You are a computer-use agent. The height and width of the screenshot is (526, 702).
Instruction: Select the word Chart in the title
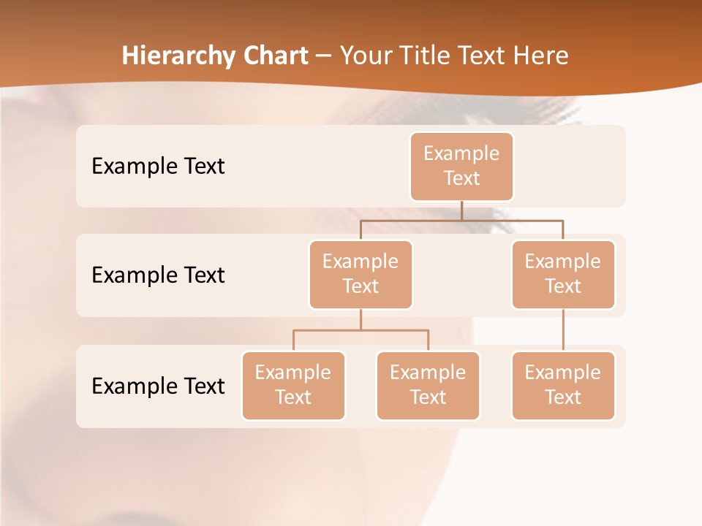[x=273, y=56]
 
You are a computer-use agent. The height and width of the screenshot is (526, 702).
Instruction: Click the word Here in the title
[x=540, y=56]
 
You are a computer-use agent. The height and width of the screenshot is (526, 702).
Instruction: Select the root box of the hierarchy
[x=461, y=167]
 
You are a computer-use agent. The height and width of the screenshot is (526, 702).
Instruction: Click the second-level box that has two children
[x=361, y=275]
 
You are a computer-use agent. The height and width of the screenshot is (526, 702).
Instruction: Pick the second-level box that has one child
[x=563, y=275]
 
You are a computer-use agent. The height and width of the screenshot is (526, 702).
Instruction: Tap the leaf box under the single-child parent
[x=563, y=386]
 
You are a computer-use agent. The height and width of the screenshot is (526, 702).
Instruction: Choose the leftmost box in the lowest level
[x=293, y=386]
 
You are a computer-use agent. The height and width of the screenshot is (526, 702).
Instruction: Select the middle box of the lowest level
[x=428, y=386]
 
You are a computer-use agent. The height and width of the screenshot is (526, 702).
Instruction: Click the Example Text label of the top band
[x=158, y=167]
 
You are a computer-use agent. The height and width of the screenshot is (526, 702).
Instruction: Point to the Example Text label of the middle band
[x=158, y=275]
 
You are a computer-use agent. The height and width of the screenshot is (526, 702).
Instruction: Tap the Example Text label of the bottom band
[x=158, y=386]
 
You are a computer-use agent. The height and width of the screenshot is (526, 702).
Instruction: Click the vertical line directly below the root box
[x=461, y=210]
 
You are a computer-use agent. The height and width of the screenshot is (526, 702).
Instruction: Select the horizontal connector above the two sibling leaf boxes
[x=361, y=330]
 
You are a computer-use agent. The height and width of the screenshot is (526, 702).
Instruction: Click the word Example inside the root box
[x=461, y=153]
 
